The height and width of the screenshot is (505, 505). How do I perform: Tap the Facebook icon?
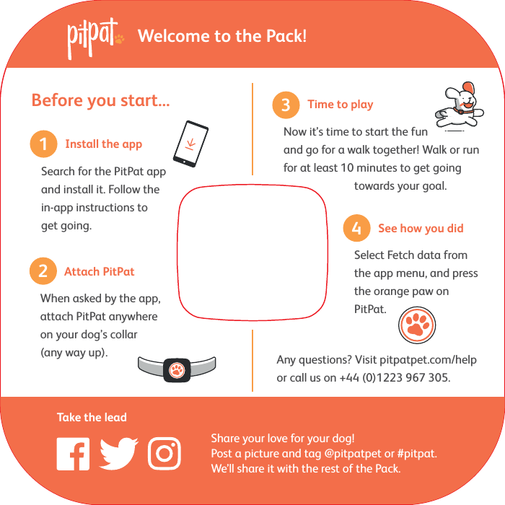pos(73,454)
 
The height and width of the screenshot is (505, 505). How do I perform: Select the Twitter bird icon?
pos(118,454)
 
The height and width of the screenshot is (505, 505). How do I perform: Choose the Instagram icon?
pos(164,454)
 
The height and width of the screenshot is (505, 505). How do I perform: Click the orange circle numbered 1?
pos(43,144)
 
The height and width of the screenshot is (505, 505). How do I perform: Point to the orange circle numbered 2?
pos(43,272)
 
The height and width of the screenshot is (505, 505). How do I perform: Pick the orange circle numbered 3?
pos(286,105)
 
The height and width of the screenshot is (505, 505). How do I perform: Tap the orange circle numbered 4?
pos(356,229)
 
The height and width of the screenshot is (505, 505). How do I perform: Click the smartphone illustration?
pos(191,144)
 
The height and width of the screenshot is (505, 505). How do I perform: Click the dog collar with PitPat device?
pos(177,369)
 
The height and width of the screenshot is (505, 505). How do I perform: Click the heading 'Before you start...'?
pos(100,100)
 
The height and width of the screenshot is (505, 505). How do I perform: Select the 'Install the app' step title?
pos(103,144)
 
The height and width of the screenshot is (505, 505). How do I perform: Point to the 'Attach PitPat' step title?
pos(99,272)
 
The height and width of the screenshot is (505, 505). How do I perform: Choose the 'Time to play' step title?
pos(340,105)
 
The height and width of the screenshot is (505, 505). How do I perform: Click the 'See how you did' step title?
pos(421,229)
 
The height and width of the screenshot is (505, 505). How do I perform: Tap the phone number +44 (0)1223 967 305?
pos(395,378)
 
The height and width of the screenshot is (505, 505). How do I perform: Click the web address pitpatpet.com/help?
pos(428,360)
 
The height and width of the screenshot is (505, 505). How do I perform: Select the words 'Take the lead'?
pos(92,418)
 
